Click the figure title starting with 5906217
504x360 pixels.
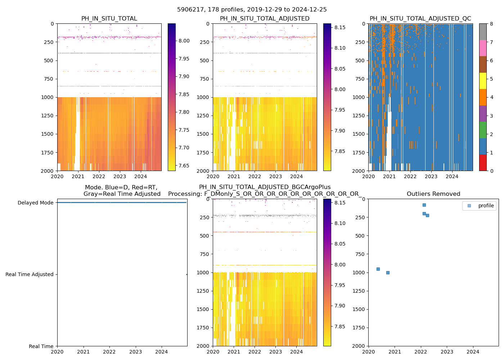click(252, 10)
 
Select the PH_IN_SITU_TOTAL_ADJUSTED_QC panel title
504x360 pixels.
click(420, 19)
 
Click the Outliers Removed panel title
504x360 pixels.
click(433, 194)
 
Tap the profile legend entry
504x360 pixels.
click(486, 206)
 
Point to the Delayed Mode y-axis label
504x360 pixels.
click(35, 203)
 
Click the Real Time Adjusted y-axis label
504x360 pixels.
click(30, 274)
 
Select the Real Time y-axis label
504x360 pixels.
click(41, 346)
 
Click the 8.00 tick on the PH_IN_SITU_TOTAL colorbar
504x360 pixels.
click(184, 41)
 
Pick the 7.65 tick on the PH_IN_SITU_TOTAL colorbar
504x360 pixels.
click(184, 166)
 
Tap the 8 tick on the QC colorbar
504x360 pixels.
click(491, 24)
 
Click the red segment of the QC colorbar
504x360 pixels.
click(483, 162)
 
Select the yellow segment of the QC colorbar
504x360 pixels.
click(483, 81)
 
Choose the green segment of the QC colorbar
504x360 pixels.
click(483, 130)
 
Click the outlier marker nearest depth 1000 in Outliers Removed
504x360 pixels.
click(388, 273)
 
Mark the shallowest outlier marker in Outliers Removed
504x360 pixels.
click(424, 205)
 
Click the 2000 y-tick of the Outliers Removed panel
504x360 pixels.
click(359, 346)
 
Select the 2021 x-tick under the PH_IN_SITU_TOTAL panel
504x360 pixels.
click(78, 177)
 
